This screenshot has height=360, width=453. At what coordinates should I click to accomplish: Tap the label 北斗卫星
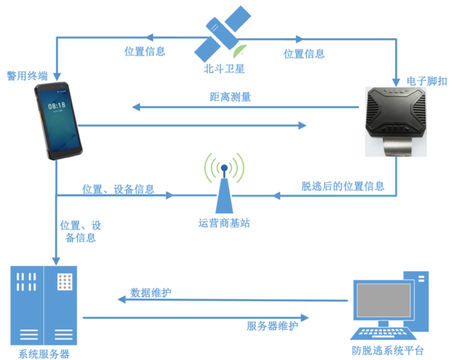224,68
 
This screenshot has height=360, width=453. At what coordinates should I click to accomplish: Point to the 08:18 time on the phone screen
56,106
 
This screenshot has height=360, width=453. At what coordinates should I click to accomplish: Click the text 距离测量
230,97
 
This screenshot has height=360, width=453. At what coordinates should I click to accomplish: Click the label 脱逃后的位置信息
343,186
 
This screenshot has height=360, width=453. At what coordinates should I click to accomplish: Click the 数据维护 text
151,292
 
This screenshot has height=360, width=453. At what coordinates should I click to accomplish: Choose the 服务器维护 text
272,326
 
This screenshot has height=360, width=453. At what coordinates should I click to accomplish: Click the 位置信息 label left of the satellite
145,51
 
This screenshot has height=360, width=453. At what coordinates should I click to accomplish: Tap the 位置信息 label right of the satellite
304,54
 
